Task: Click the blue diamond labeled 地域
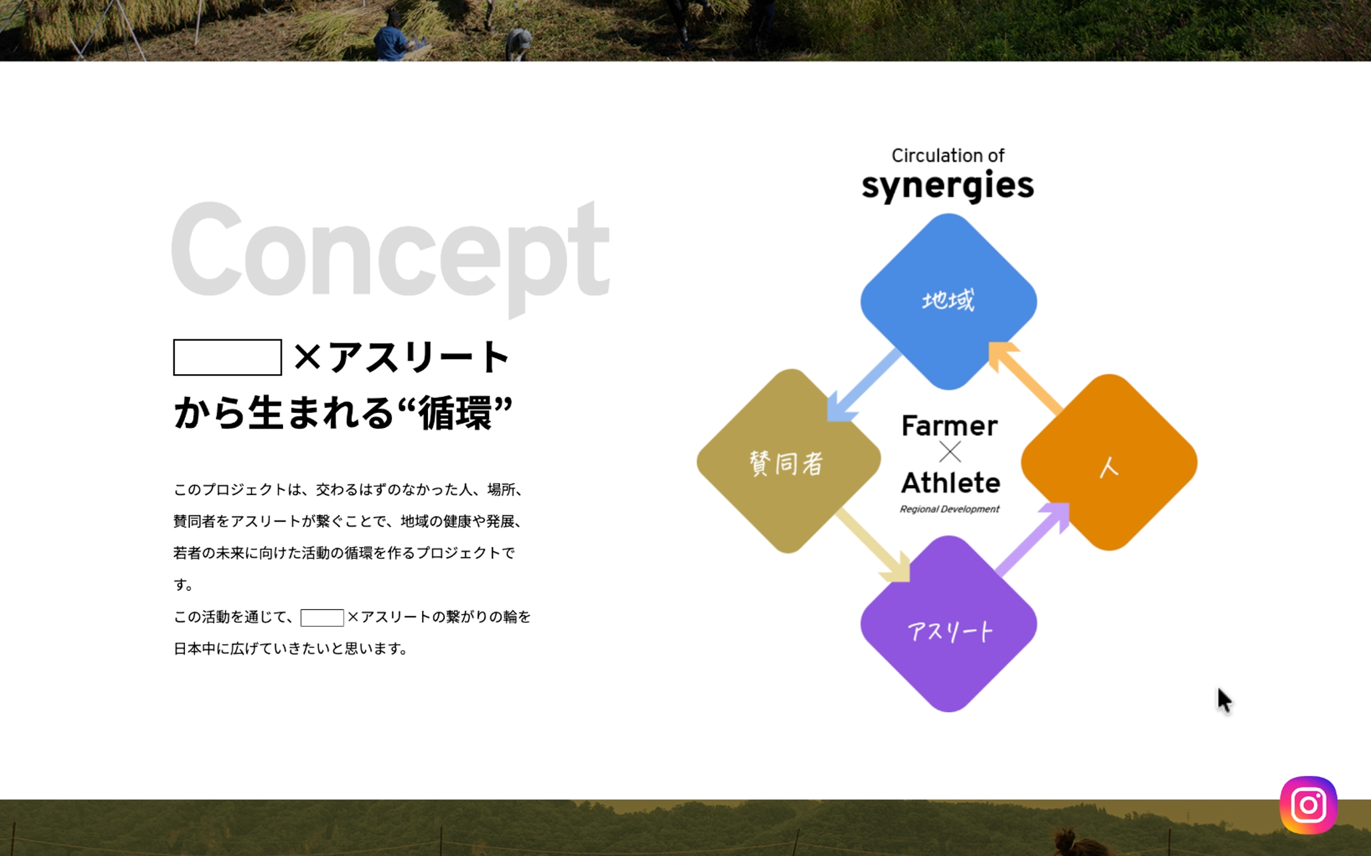(x=948, y=301)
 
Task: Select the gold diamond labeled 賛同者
(x=789, y=461)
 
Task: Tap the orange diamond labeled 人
(x=1109, y=462)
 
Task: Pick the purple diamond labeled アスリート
(x=948, y=624)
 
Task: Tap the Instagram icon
(x=1308, y=805)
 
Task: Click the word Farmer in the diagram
(x=949, y=425)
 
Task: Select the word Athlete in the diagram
(x=950, y=482)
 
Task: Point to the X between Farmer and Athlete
(x=949, y=452)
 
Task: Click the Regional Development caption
(x=949, y=509)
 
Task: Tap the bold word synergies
(x=948, y=186)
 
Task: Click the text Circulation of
(x=948, y=155)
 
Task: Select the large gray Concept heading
(x=391, y=258)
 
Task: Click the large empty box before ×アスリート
(x=227, y=357)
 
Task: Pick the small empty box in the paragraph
(x=322, y=617)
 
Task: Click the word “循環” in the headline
(x=455, y=412)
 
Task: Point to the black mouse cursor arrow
(x=1224, y=700)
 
